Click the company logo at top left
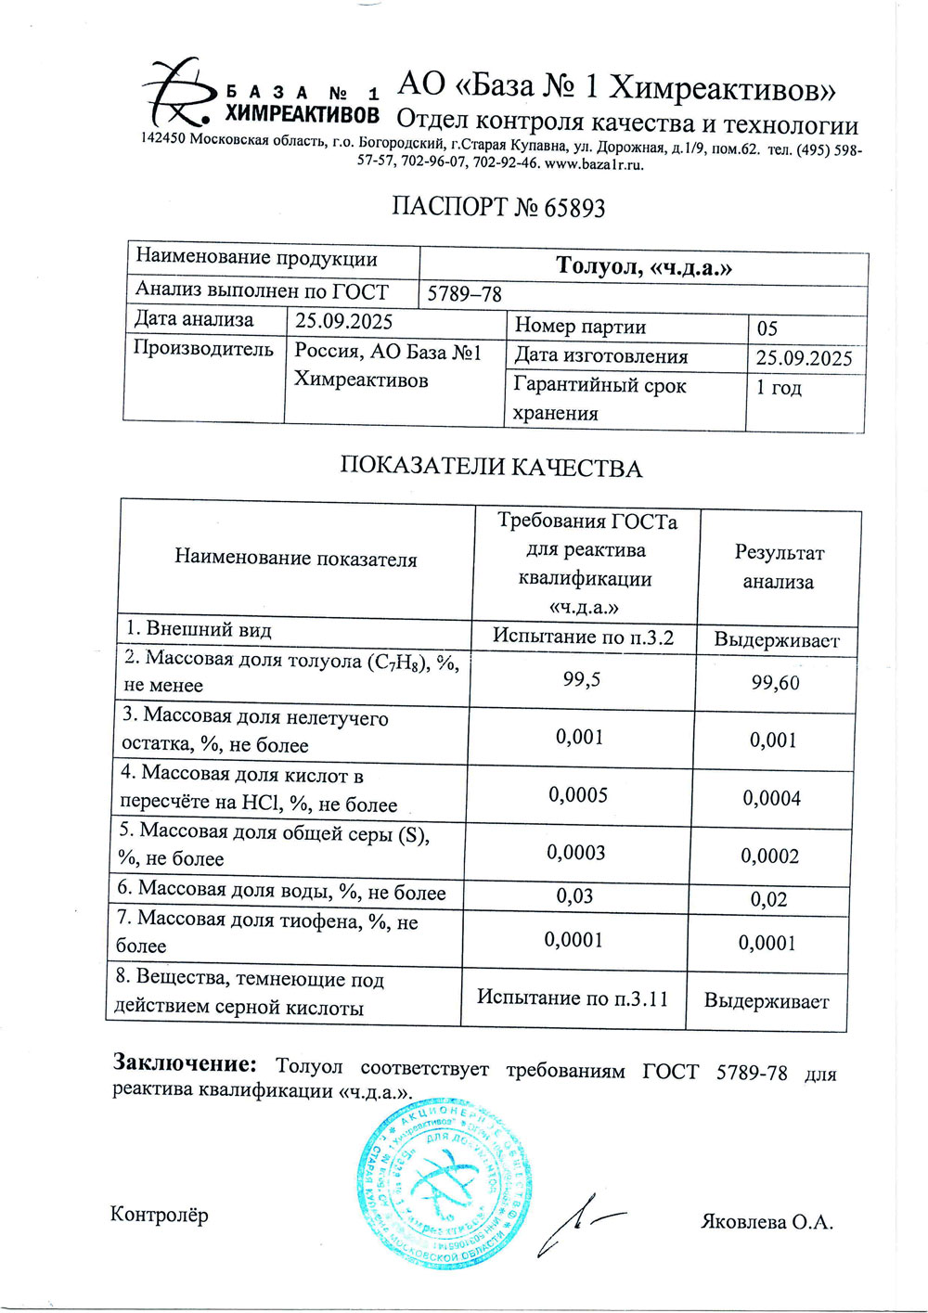tap(181, 92)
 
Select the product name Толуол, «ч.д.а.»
tap(644, 267)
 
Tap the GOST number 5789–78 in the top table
tap(464, 294)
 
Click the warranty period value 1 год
tap(779, 388)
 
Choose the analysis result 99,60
tap(775, 684)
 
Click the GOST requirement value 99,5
tap(582, 680)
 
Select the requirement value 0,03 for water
tap(574, 896)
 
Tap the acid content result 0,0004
tap(771, 798)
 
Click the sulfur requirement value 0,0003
tap(576, 853)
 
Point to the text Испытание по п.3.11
tap(573, 998)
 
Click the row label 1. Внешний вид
tap(200, 630)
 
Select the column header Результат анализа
tap(779, 567)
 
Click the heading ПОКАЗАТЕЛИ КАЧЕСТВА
tap(491, 467)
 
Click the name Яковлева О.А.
tap(767, 1222)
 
